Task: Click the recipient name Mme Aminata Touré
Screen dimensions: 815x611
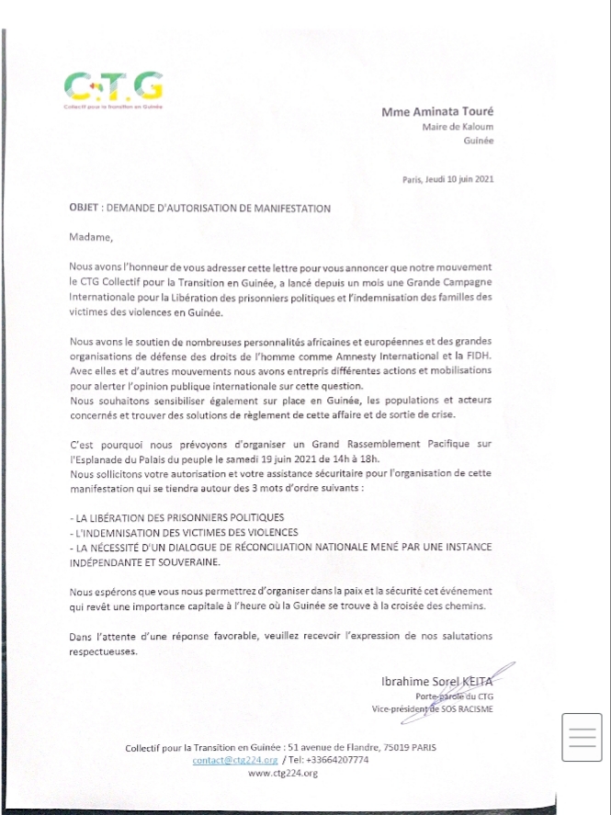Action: point(437,111)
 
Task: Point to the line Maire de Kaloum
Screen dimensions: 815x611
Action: point(458,127)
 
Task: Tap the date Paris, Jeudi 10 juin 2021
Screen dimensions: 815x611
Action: point(448,180)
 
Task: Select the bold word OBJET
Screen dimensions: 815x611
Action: point(84,209)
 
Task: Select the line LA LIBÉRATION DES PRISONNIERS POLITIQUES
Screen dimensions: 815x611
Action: point(184,518)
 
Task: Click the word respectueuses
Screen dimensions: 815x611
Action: point(102,651)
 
